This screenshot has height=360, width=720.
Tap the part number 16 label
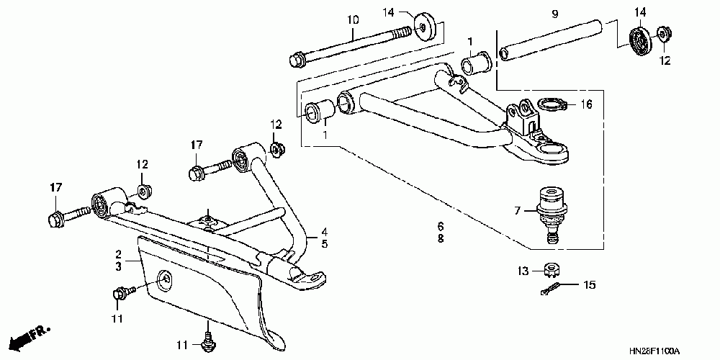click(587, 105)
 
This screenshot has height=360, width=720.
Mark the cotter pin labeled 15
click(550, 289)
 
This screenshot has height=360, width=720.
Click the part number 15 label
click(590, 286)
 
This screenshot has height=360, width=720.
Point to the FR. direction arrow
click(32, 335)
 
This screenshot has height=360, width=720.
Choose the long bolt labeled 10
click(353, 45)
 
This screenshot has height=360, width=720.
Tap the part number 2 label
click(117, 254)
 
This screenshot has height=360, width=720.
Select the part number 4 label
click(324, 232)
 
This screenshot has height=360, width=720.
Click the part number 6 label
click(440, 226)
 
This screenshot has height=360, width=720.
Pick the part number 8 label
click(440, 238)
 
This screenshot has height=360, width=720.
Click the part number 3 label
click(117, 266)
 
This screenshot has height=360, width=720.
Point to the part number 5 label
click(324, 244)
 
